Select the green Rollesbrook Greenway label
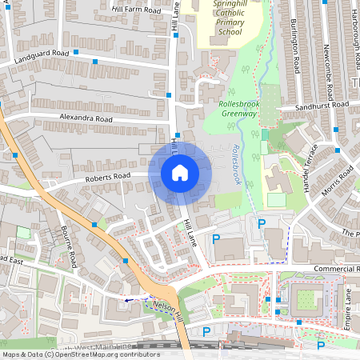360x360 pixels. pyautogui.click(x=238, y=109)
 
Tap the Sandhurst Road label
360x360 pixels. pyautogui.click(x=322, y=106)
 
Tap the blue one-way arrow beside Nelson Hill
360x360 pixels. pyautogui.click(x=130, y=300)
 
